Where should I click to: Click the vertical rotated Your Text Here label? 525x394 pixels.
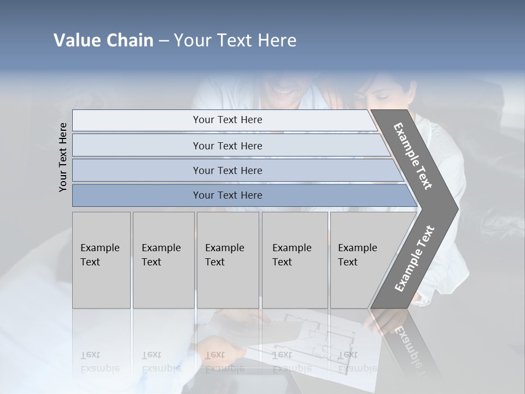[x=63, y=157]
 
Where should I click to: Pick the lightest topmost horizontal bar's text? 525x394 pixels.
[x=227, y=120]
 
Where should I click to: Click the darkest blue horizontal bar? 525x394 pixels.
[x=227, y=195]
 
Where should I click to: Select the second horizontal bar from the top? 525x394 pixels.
[x=227, y=146]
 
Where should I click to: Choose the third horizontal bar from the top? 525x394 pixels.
[x=227, y=170]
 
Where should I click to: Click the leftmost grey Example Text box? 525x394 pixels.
[x=101, y=260]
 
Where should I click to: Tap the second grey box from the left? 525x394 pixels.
[x=163, y=260]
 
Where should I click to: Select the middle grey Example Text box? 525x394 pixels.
[x=227, y=260]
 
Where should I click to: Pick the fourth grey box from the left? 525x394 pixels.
[x=294, y=260]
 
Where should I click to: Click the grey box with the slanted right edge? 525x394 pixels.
[x=361, y=260]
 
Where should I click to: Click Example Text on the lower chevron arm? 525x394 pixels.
[x=415, y=258]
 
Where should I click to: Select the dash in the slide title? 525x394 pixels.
[x=164, y=40]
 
